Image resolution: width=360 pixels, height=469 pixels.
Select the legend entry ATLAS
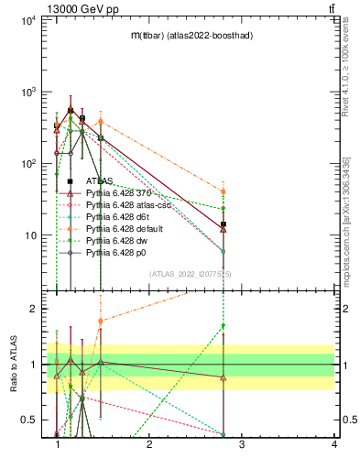tap(101, 181)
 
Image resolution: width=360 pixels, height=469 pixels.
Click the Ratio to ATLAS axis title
tap(14, 364)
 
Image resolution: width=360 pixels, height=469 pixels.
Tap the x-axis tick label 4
tap(333, 445)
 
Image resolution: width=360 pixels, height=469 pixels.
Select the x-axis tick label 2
tap(149, 445)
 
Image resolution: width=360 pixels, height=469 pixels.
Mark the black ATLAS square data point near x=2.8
tap(223, 224)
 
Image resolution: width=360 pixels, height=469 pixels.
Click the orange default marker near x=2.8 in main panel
tap(223, 192)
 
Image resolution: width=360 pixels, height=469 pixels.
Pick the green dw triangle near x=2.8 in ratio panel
tap(223, 326)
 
